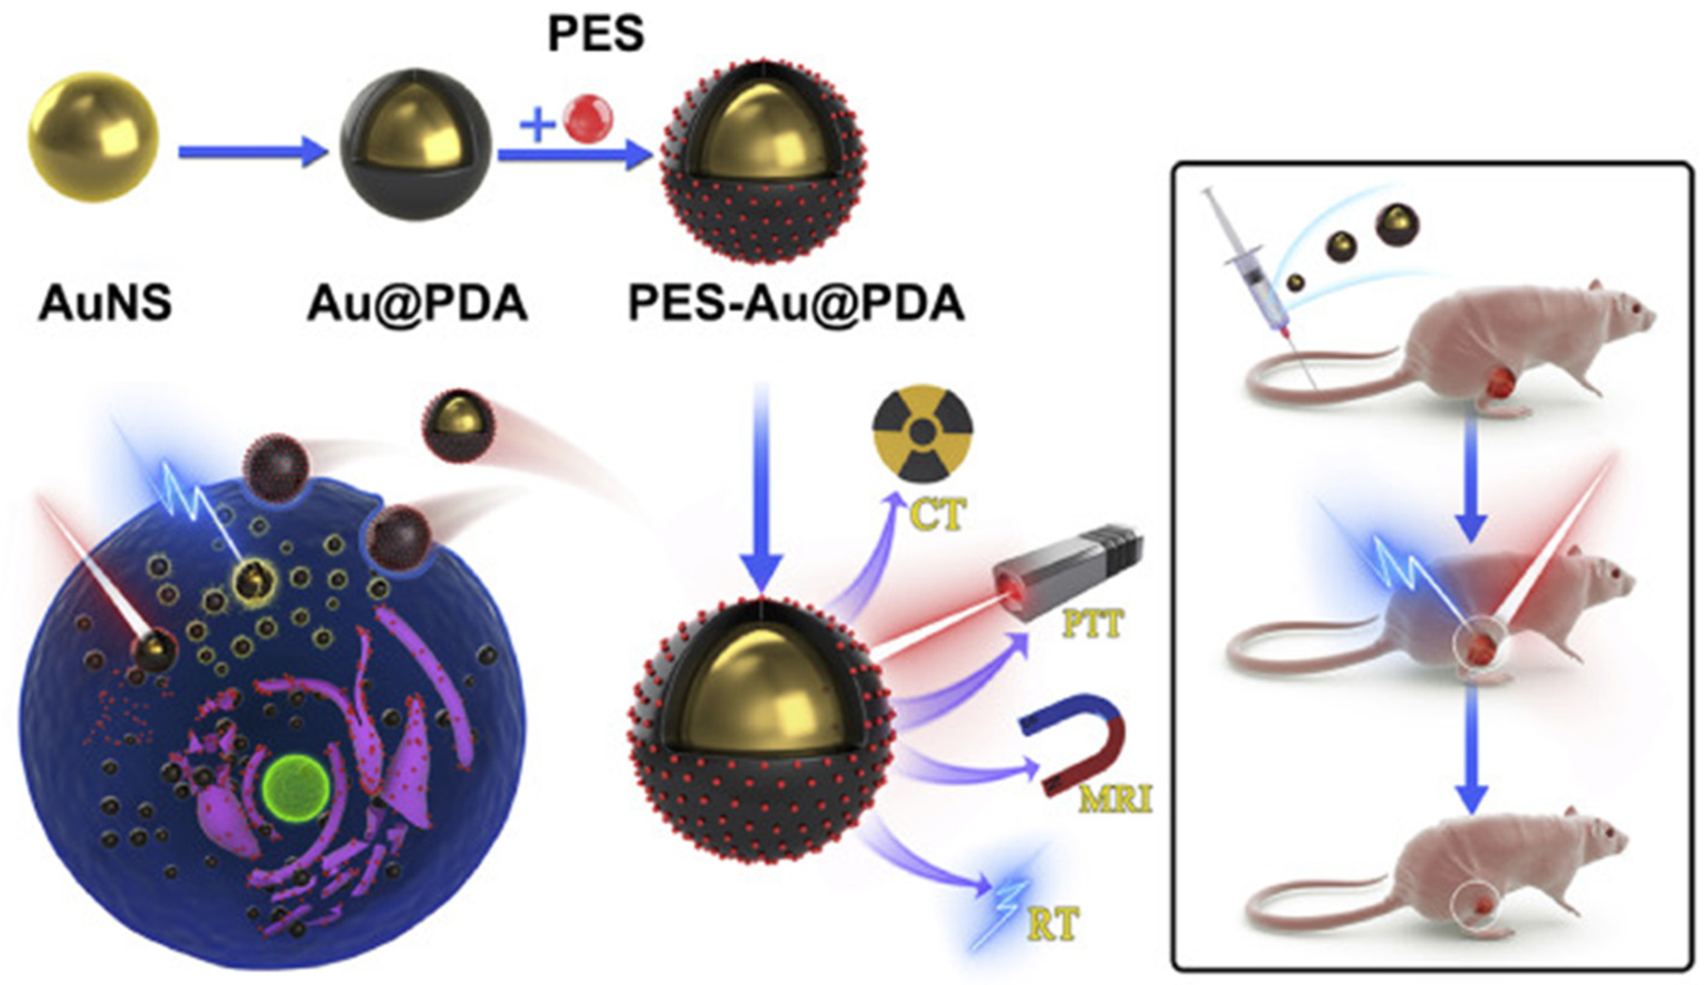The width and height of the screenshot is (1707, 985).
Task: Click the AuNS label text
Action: (105, 303)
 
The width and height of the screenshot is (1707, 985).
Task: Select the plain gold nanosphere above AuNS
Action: (94, 137)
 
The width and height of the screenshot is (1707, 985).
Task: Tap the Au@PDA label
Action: (417, 303)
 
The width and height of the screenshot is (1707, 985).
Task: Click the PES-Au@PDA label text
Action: (796, 303)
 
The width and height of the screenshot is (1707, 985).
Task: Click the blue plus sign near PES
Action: (537, 124)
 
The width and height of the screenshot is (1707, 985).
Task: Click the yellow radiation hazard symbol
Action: (923, 433)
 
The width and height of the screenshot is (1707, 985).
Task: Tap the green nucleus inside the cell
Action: (297, 789)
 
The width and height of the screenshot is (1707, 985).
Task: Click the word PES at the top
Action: (595, 34)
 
